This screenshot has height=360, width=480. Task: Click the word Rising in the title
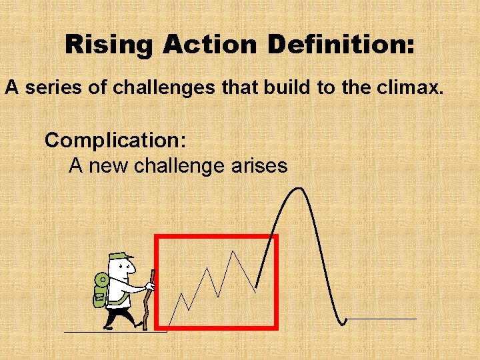pos(109,45)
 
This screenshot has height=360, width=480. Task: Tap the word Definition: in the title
pos(341,45)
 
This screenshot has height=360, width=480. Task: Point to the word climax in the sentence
pos(411,87)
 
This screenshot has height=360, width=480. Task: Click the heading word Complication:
pos(115,141)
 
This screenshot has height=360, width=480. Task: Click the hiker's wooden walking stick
pos(149,300)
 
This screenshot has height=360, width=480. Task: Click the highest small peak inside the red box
pos(232,251)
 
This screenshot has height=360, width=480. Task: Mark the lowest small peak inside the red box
pos(182,293)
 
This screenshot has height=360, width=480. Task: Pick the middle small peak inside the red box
pos(207,269)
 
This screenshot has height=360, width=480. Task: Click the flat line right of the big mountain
pos(381,319)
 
